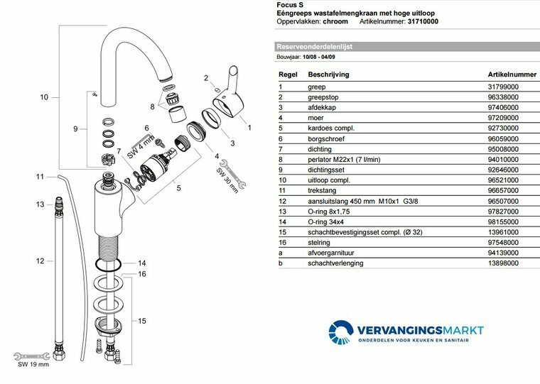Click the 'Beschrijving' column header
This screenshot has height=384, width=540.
328,73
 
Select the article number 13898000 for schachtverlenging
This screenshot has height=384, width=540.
502,263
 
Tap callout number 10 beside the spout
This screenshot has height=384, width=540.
44,97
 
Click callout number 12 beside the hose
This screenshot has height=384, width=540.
40,260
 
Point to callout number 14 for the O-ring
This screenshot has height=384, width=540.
142,262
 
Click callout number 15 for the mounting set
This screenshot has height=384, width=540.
142,322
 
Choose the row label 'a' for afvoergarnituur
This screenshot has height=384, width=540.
280,252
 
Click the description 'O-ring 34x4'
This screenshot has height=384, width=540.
328,221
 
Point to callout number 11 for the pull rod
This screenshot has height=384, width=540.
40,176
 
